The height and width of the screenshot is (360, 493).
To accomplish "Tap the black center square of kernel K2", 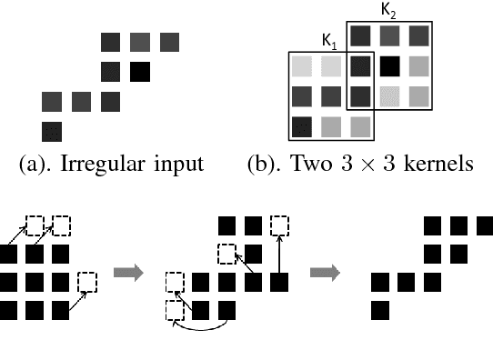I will tap(390, 65).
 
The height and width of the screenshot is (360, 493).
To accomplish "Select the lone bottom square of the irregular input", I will tap(52, 130).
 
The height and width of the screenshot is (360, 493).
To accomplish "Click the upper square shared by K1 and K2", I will tap(360, 65).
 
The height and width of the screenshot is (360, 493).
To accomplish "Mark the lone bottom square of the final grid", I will tap(381, 310).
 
